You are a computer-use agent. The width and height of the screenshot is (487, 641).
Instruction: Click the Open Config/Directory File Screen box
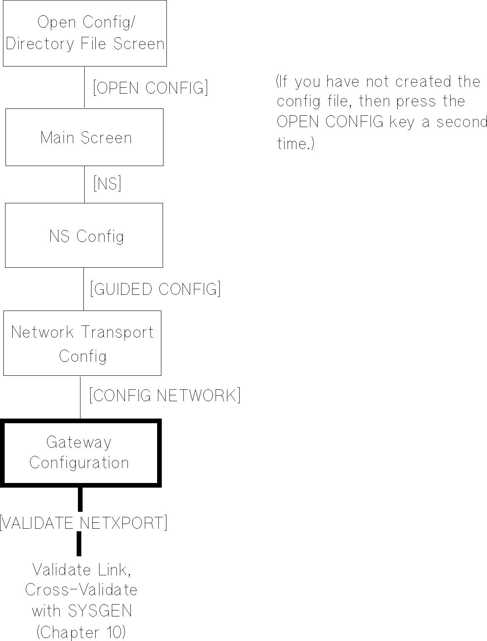(x=85, y=33)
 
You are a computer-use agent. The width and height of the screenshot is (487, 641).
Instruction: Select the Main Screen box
(x=84, y=137)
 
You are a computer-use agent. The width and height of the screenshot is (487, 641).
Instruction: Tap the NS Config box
(x=84, y=235)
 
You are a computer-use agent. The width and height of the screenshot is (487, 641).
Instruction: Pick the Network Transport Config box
(x=82, y=343)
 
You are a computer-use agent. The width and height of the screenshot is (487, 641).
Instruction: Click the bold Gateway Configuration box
(x=80, y=453)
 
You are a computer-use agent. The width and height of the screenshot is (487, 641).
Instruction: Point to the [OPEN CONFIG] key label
(x=150, y=88)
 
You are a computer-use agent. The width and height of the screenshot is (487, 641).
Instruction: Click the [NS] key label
(x=107, y=184)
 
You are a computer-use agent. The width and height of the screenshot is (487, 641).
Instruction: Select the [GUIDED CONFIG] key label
(x=155, y=289)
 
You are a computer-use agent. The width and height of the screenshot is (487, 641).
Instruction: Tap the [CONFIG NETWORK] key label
(x=164, y=395)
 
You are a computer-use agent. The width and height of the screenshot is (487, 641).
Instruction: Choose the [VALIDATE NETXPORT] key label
(x=83, y=523)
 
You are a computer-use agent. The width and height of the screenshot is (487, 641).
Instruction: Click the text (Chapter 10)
(x=81, y=632)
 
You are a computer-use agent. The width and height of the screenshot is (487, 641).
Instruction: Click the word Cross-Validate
(x=81, y=590)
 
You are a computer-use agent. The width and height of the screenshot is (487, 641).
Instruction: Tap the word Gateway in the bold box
(x=79, y=442)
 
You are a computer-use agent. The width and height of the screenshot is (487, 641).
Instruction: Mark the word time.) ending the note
(x=296, y=143)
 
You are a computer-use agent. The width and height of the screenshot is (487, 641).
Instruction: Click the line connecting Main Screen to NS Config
(x=84, y=184)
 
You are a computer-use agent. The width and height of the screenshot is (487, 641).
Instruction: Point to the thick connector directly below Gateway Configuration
(x=80, y=499)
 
